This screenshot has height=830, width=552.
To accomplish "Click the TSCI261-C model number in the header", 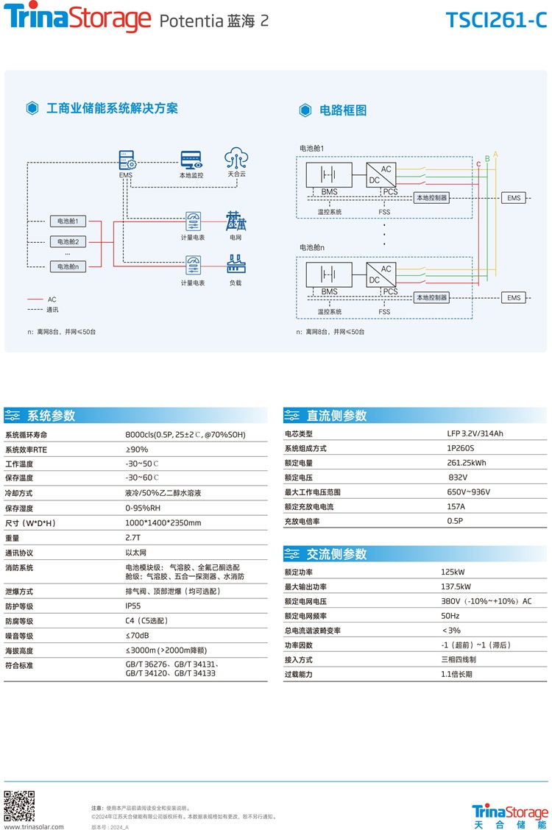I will [496, 20].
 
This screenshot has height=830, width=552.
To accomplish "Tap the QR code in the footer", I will [19, 805].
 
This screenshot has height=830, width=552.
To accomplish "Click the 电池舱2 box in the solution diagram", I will [68, 241].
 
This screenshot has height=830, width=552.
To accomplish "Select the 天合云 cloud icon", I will [236, 158].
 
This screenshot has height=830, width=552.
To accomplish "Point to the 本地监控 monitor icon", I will [191, 160].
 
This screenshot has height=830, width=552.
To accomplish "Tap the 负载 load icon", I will [236, 263].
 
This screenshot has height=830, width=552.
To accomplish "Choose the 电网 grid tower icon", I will [236, 220].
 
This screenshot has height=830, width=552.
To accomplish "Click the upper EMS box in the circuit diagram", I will [514, 198].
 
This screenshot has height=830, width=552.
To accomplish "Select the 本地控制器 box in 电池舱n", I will [432, 298].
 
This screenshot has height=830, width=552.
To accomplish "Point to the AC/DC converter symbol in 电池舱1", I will [381, 175].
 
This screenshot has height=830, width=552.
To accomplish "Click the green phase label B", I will [487, 159].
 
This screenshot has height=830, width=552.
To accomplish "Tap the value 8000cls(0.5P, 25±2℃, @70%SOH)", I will [185, 435].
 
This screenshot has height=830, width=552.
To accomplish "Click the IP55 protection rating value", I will [132, 606].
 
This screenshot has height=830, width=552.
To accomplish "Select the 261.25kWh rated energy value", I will [467, 463].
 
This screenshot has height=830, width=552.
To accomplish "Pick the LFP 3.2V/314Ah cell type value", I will [475, 433].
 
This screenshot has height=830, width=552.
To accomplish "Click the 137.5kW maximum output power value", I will [456, 586].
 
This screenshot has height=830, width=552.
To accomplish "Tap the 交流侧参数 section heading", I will [336, 554].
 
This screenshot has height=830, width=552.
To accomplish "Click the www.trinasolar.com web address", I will [35, 826].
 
